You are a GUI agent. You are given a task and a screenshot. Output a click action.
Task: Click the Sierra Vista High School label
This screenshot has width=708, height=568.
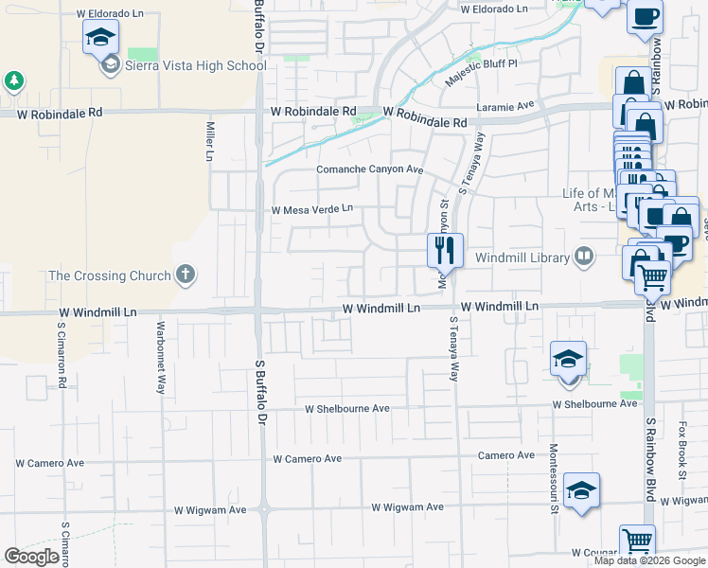[x=194, y=66]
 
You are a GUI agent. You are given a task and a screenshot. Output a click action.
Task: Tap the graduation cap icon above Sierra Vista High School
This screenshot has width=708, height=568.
[x=100, y=39]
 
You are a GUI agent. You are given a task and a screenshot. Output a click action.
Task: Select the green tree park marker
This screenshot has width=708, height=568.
[x=14, y=80]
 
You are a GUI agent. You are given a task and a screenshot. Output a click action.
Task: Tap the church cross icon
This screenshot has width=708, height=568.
[x=186, y=275]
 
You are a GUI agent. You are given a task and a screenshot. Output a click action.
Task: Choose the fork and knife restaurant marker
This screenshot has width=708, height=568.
[x=445, y=251]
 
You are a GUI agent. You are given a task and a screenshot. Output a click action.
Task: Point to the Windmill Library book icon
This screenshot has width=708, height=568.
[x=585, y=257]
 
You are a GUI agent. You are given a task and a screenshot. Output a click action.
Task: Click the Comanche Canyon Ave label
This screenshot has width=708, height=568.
[x=368, y=170]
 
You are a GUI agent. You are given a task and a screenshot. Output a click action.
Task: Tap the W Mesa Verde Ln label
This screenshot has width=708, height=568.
[x=311, y=209]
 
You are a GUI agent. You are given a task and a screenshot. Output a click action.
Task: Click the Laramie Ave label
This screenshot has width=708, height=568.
[x=505, y=106]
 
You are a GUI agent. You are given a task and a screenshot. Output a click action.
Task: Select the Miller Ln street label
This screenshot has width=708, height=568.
[x=210, y=141]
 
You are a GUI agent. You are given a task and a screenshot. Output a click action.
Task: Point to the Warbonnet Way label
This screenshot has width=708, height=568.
[x=161, y=348]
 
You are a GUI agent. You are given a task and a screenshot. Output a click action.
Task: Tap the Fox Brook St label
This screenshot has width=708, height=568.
[x=681, y=444]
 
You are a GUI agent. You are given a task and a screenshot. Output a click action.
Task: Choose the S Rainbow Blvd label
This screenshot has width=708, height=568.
[x=650, y=451]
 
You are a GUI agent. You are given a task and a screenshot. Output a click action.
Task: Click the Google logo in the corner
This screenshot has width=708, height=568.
[x=32, y=557]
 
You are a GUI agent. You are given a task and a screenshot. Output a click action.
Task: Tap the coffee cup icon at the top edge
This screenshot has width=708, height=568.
[x=646, y=17]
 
